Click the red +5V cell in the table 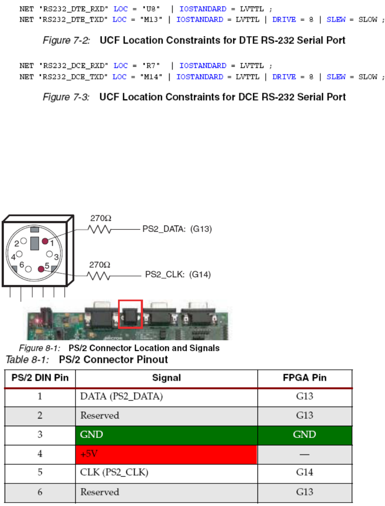(166, 453)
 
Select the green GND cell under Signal (166, 434)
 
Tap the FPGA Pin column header (305, 378)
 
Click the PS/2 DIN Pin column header (40, 378)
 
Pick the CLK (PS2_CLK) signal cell (166, 472)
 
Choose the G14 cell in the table (305, 472)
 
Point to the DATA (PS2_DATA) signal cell (166, 396)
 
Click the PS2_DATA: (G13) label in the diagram (177, 229)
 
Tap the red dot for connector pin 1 (45, 241)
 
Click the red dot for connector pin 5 (41, 269)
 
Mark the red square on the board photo (130, 314)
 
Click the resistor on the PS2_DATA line (99, 230)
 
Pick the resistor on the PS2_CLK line (99, 276)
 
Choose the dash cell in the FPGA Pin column (305, 453)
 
